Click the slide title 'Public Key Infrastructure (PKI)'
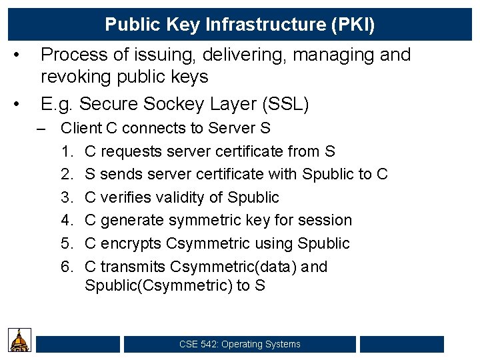[x=240, y=25]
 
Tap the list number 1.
[x=66, y=151]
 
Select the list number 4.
[x=66, y=220]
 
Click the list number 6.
[x=66, y=267]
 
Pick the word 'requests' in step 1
[x=125, y=151]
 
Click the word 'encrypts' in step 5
[x=129, y=243]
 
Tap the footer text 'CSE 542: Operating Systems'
[x=240, y=344]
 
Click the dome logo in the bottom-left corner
[x=20, y=340]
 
